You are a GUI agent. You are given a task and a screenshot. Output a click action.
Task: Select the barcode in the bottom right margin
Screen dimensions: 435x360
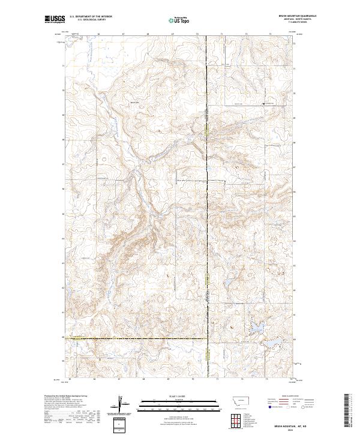click(x=349, y=411)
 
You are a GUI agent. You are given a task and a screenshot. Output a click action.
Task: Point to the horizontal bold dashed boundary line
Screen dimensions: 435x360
click(x=138, y=338)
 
